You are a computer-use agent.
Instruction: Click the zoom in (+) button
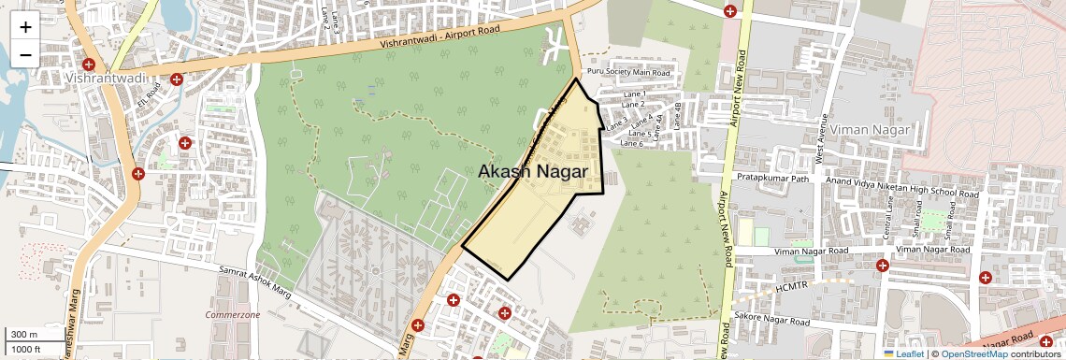[25, 27]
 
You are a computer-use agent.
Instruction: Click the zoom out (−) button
[25, 54]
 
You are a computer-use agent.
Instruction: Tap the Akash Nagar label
[533, 172]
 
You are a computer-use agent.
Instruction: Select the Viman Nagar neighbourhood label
[871, 129]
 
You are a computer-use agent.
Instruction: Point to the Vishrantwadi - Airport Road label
[440, 37]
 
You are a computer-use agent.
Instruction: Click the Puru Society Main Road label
[628, 72]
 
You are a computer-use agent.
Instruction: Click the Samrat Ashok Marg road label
[255, 281]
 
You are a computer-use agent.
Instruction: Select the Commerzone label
[233, 315]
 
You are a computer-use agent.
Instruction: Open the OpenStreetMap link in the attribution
[973, 353]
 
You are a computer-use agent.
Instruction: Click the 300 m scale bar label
[23, 334]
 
